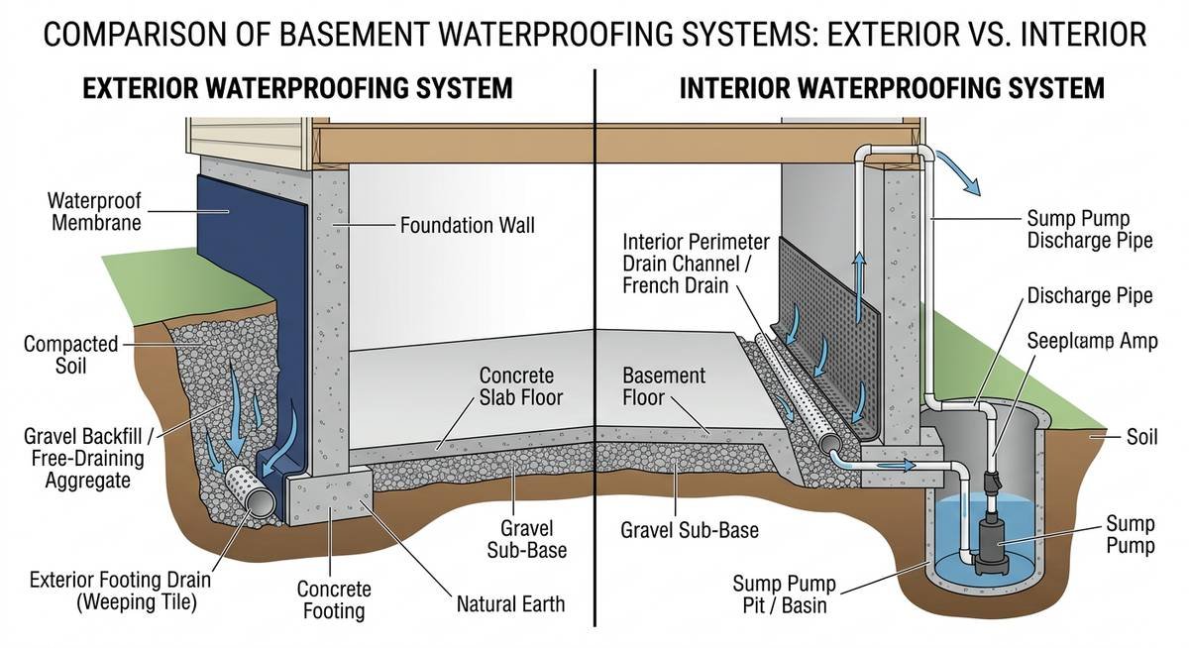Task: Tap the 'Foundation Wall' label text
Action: coord(467,226)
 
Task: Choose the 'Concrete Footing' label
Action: coord(334,600)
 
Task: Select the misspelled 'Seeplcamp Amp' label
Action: coord(1092,341)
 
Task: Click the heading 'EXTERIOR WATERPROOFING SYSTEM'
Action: coord(297,88)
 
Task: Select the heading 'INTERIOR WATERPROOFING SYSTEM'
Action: coord(892,88)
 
